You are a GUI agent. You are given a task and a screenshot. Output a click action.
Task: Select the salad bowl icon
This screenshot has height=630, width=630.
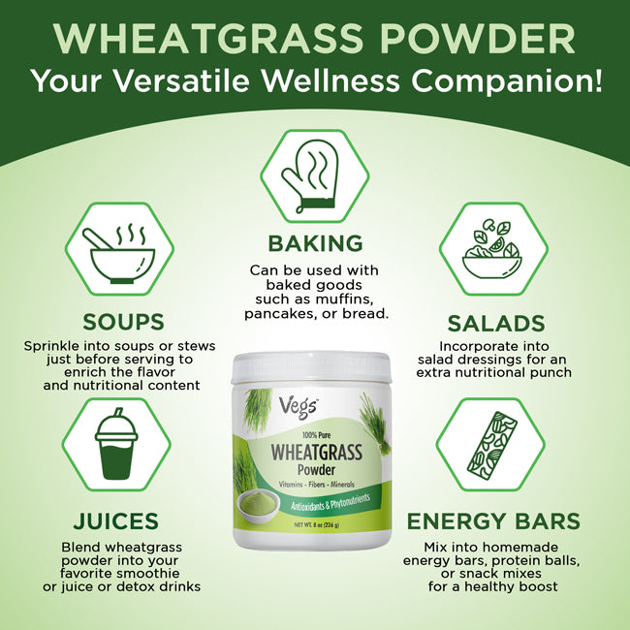pyautogui.click(x=492, y=249)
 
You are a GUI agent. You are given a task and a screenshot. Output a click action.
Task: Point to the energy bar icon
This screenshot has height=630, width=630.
pyautogui.click(x=491, y=445)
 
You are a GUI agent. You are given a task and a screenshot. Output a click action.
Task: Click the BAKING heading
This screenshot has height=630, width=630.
pyautogui.click(x=315, y=243)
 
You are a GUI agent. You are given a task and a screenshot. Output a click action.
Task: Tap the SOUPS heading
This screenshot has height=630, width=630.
pyautogui.click(x=123, y=322)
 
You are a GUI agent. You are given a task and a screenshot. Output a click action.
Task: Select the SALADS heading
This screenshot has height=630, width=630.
pyautogui.click(x=496, y=324)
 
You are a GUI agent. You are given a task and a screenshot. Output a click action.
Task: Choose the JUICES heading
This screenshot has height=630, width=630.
pyautogui.click(x=115, y=520)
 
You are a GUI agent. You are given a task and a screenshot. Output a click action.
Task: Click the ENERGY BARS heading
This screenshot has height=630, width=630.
pyautogui.click(x=493, y=520)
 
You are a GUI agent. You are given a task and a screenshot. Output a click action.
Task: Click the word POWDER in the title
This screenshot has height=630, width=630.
pyautogui.click(x=478, y=39)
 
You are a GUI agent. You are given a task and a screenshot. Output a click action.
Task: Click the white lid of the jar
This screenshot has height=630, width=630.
pyautogui.click(x=311, y=366)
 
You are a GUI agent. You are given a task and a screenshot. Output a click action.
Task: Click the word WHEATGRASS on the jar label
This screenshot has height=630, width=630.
pyautogui.click(x=317, y=452)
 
